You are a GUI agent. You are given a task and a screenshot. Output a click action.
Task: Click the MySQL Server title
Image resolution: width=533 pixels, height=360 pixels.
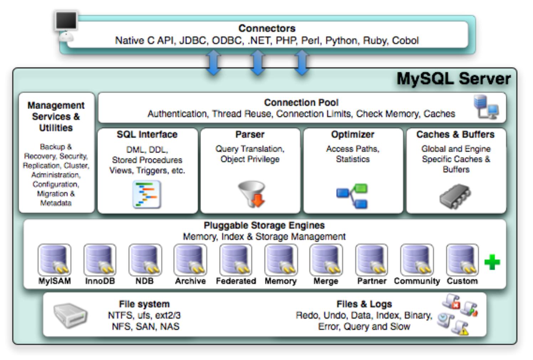[x=453, y=78]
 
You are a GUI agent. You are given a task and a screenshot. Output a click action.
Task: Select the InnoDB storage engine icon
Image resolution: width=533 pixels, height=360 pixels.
[x=100, y=260]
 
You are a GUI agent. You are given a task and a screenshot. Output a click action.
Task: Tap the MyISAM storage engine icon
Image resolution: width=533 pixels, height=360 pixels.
[x=55, y=260]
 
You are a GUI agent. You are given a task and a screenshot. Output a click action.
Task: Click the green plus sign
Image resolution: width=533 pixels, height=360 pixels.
[x=492, y=262]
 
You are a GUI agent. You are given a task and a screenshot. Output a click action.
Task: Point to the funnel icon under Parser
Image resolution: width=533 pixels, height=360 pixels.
[x=252, y=194]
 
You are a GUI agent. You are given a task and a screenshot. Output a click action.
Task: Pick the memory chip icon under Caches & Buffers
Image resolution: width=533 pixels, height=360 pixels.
[x=455, y=196]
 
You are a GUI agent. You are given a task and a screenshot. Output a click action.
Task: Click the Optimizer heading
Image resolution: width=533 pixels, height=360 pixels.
[x=352, y=134]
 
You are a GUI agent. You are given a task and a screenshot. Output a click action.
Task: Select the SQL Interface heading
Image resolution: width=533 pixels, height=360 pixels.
[x=147, y=134]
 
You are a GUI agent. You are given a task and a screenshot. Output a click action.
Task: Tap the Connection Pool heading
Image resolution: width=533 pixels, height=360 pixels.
[x=301, y=102]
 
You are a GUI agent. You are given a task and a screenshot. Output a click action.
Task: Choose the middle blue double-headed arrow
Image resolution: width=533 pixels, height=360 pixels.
[x=257, y=62]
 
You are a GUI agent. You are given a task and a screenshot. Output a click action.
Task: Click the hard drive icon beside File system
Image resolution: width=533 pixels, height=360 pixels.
[x=70, y=315]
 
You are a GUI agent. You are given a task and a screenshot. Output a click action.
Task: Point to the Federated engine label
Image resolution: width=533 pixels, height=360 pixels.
[x=236, y=281]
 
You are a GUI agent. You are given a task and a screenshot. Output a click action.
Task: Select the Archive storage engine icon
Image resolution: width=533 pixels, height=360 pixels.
[x=190, y=260]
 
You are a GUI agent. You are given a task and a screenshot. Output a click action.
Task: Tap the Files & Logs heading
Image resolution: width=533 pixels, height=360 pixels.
[x=364, y=304]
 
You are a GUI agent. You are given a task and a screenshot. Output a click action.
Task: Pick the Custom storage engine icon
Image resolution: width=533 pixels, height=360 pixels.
[x=462, y=260]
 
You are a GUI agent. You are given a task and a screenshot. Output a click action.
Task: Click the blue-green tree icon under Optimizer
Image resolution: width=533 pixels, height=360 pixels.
[x=352, y=196]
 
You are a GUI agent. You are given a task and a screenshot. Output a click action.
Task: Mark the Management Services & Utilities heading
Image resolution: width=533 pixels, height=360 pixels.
[x=56, y=117]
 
